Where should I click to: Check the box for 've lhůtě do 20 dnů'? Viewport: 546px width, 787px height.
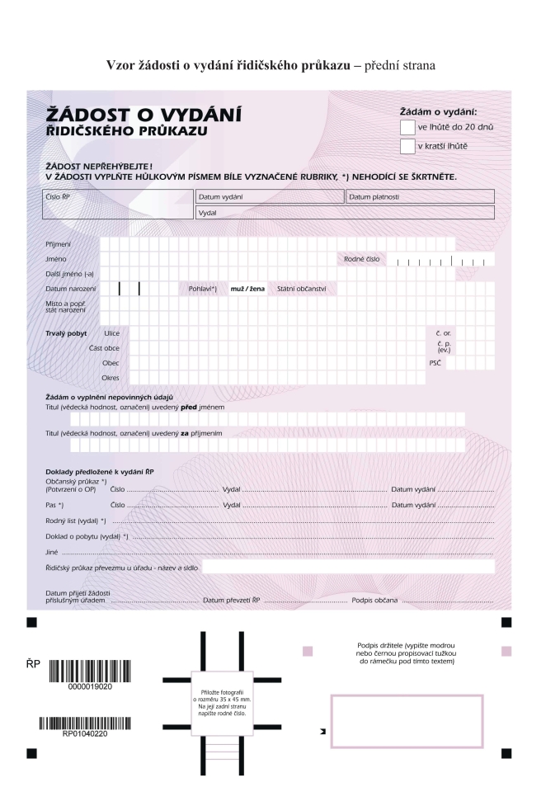(407, 127)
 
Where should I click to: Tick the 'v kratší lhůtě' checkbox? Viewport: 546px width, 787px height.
(407, 147)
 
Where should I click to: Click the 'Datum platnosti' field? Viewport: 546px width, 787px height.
(420, 196)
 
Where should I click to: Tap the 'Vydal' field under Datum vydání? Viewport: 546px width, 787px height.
(345, 212)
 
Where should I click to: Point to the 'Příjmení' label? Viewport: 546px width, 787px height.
(58, 244)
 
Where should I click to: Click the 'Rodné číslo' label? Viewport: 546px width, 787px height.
(362, 259)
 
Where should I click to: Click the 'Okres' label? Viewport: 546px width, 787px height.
(110, 378)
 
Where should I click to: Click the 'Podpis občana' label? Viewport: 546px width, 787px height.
(374, 600)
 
